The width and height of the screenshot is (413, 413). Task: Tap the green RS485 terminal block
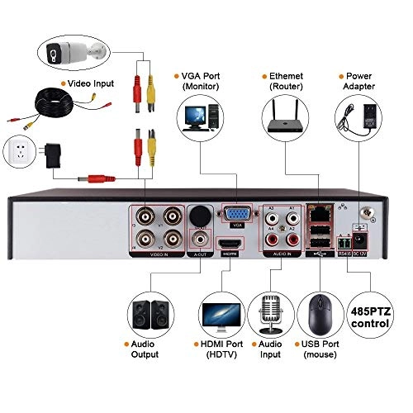point(345,243)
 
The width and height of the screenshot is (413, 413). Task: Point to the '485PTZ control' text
point(370,317)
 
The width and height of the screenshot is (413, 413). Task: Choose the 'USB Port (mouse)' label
point(319,349)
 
